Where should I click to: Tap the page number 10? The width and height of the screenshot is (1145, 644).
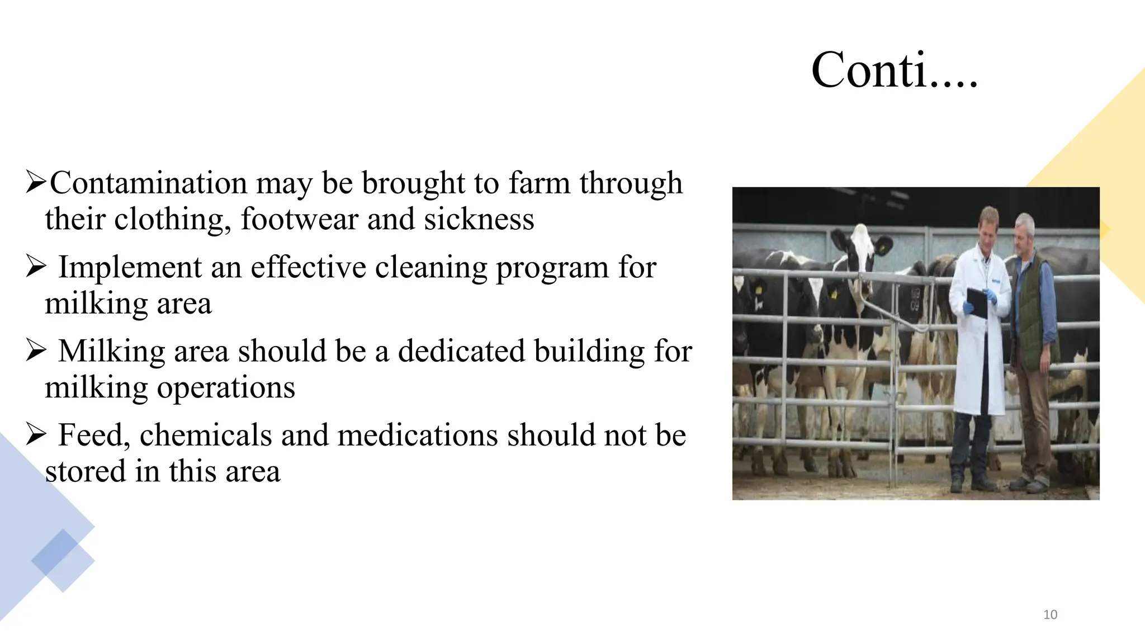1050,615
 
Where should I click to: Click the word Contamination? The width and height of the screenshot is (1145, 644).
149,183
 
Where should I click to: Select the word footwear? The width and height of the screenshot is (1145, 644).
299,219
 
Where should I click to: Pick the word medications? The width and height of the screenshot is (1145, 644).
417,435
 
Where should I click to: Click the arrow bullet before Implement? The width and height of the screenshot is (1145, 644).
36,267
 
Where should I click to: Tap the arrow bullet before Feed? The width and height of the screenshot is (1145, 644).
36,435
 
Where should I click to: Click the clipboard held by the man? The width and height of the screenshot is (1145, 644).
977,302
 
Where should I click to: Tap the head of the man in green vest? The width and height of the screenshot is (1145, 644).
1024,231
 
